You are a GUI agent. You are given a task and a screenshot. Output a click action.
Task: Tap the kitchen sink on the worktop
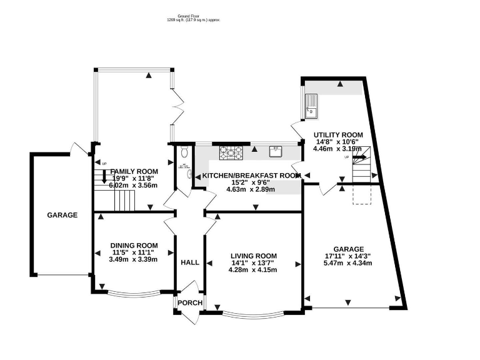coord(276,151)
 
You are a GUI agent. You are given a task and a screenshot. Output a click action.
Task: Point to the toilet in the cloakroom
coord(184,152)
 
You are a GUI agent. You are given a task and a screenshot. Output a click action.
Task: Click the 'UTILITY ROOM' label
coord(338,134)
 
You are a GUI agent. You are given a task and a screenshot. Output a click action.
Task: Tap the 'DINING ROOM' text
coord(133,245)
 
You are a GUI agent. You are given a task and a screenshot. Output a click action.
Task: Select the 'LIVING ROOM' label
coord(253,256)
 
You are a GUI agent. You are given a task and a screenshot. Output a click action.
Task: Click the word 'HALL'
coord(190,262)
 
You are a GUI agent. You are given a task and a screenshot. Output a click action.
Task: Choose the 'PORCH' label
coord(190,303)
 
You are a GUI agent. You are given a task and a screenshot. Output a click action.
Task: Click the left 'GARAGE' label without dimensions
coord(62,215)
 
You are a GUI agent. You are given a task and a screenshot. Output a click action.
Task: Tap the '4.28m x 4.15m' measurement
coord(253,270)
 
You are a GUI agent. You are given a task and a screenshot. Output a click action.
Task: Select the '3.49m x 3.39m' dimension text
coord(133,259)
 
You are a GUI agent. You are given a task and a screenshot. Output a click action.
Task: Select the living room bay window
coord(253,313)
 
